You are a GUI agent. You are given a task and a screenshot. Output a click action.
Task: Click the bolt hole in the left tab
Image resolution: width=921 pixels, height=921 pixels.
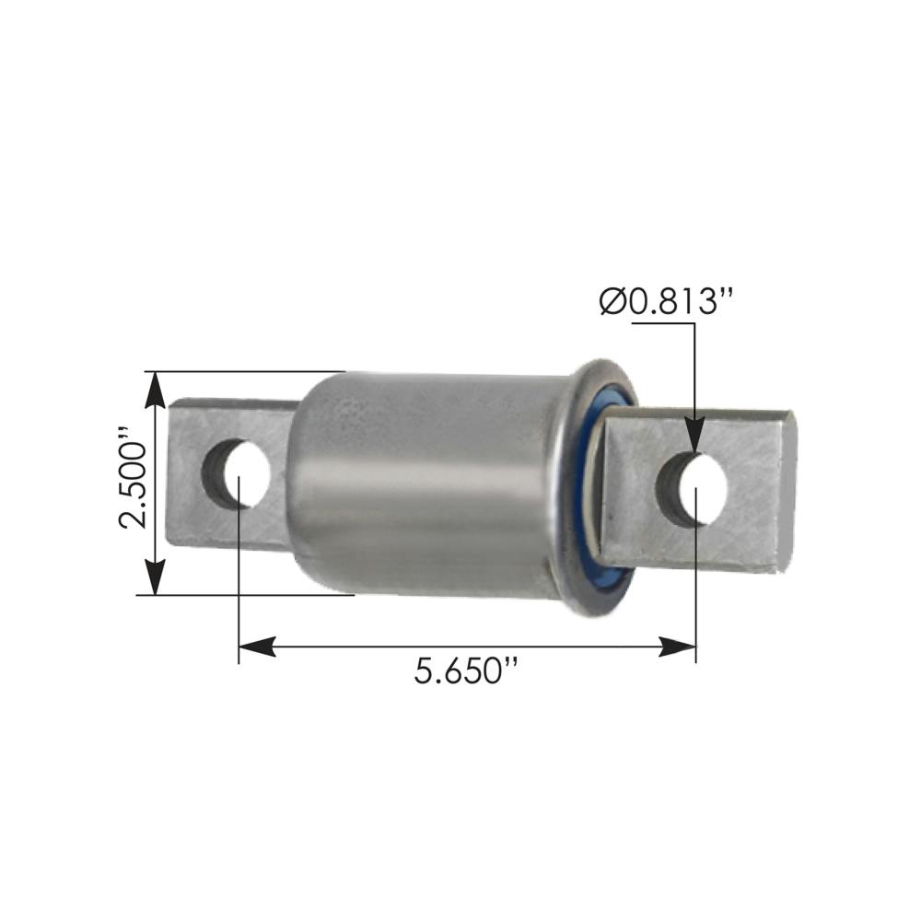coord(237,473)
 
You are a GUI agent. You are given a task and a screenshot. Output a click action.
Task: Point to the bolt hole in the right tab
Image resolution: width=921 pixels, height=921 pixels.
coord(693,489)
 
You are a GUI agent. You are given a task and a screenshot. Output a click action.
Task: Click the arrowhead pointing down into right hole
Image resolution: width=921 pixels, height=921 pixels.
coord(694,435)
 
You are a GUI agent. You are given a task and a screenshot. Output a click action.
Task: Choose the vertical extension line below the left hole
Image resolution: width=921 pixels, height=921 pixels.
coord(239,571)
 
